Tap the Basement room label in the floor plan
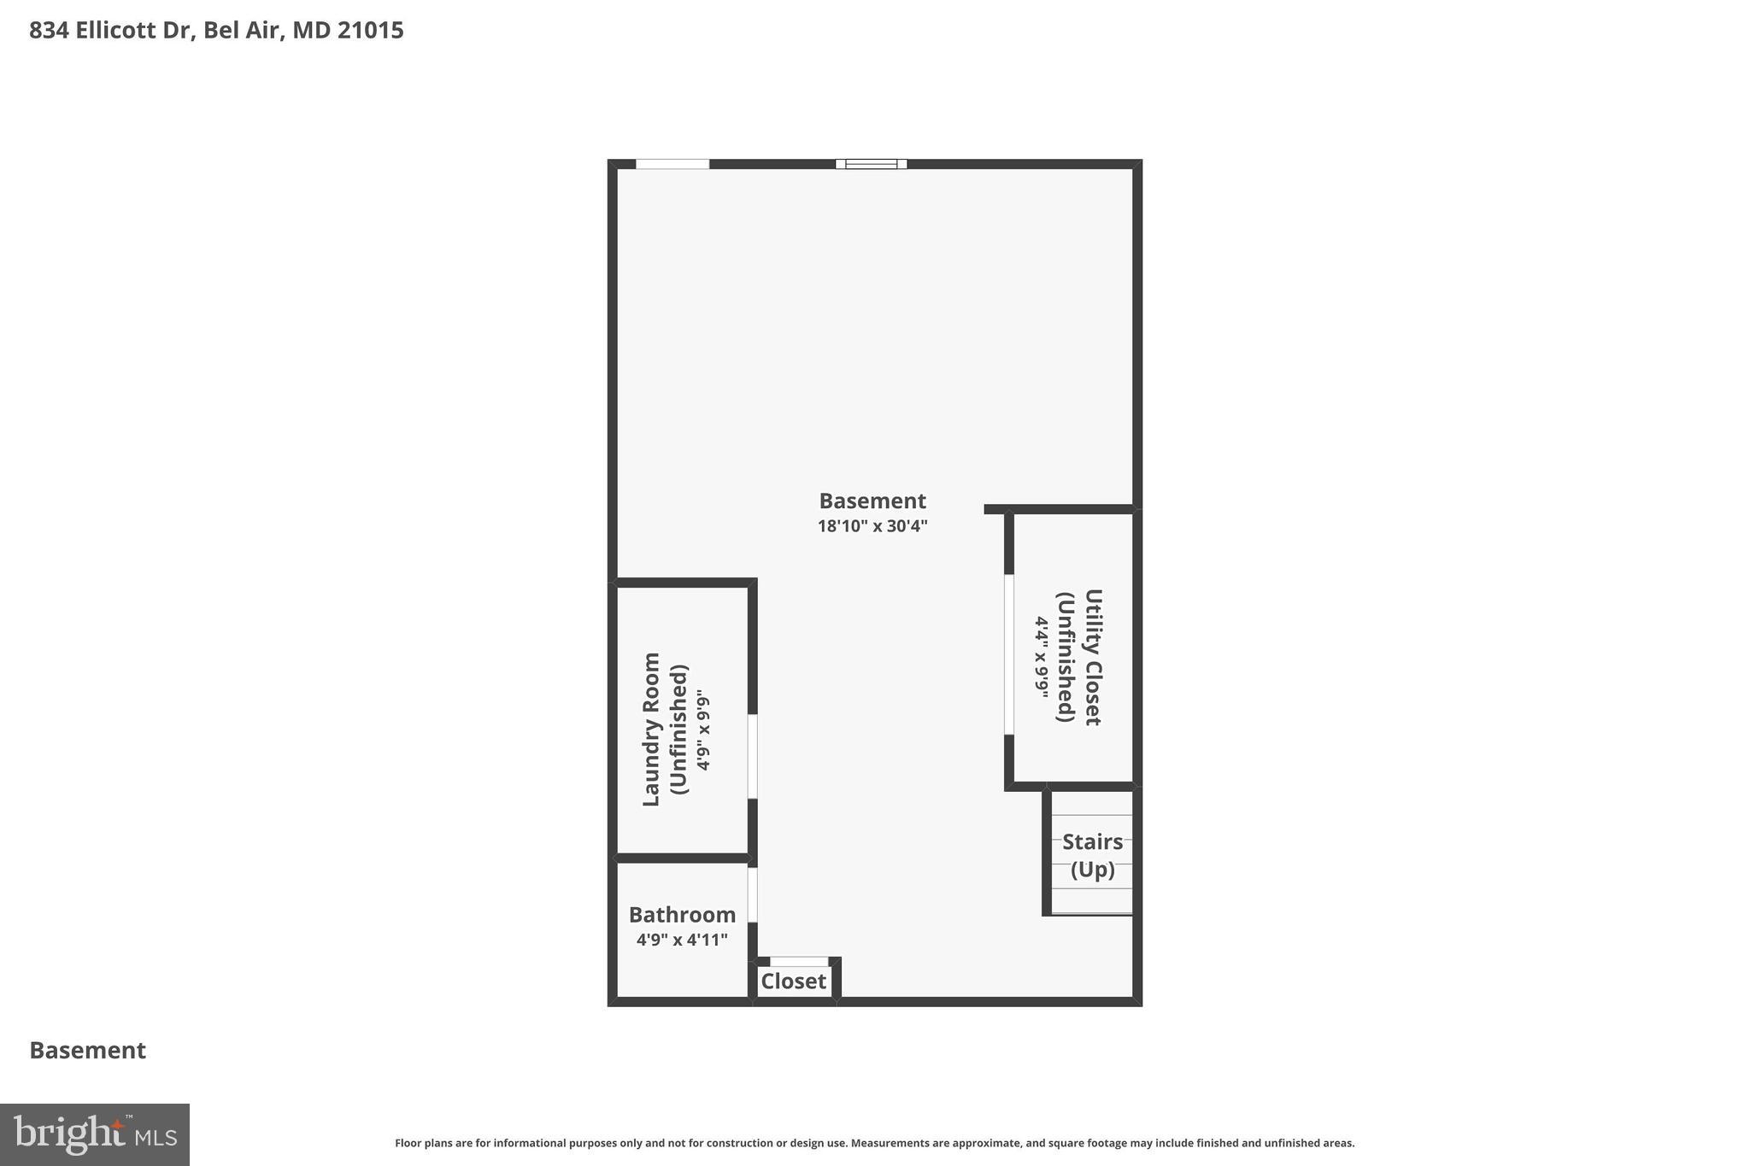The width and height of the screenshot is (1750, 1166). [x=872, y=501]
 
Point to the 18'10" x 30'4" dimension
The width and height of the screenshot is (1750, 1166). [x=872, y=526]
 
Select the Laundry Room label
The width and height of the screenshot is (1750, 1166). [x=652, y=729]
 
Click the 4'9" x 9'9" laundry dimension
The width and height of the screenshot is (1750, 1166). [x=703, y=729]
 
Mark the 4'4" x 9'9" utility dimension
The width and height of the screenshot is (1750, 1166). [x=1042, y=657]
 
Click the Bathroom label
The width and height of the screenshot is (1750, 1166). [x=682, y=915]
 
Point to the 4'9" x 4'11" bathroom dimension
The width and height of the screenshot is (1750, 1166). [x=682, y=940]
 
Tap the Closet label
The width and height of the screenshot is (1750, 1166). [x=793, y=981]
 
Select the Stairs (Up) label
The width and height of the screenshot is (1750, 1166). [x=1092, y=855]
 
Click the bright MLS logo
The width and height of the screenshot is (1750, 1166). [x=95, y=1134]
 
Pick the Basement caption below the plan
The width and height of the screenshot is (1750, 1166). [x=88, y=1051]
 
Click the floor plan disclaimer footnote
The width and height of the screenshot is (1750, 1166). [x=874, y=1143]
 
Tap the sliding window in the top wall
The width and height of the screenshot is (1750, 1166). [x=871, y=164]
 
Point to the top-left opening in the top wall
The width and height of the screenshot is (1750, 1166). [x=672, y=164]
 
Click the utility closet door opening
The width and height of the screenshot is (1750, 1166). [x=1008, y=654]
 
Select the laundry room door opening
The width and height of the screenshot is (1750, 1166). [x=752, y=756]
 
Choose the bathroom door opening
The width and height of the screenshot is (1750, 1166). [x=752, y=894]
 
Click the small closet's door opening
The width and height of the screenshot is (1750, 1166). [x=799, y=962]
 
